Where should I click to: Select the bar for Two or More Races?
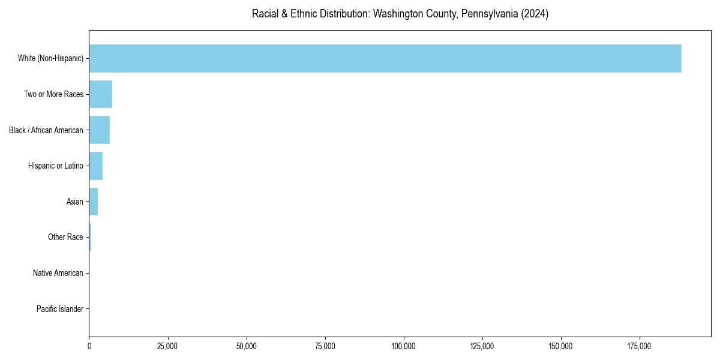coord(100,94)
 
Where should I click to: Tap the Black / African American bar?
coord(99,130)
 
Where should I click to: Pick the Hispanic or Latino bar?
coord(95,166)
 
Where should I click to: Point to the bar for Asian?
coord(93,202)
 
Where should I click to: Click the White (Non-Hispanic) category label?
coord(50,58)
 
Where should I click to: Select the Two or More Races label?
coord(53,94)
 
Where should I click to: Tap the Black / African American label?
coord(46,130)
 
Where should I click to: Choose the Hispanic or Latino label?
coord(56,166)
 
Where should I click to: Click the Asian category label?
coord(75,202)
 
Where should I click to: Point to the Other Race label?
coord(65,238)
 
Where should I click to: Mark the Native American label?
coord(58,274)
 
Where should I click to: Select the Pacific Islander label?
coord(60,309)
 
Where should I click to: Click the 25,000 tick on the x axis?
coord(168,346)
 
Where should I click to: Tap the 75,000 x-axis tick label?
coord(325,346)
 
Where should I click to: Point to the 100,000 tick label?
coord(404,346)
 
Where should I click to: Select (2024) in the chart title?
coord(536,14)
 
